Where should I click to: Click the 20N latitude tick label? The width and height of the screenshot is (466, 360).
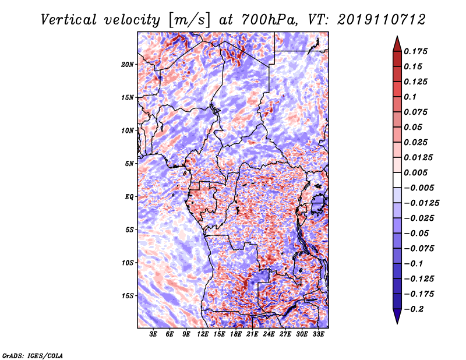pyautogui.click(x=128, y=65)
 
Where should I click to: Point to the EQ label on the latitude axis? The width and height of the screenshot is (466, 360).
pyautogui.click(x=129, y=197)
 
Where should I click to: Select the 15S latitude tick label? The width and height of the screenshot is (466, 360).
pyautogui.click(x=128, y=296)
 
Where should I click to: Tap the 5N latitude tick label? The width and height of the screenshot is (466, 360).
pyautogui.click(x=129, y=164)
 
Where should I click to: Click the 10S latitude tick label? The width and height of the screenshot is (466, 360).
pyautogui.click(x=128, y=263)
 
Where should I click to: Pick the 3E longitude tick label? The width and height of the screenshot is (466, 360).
pyautogui.click(x=153, y=334)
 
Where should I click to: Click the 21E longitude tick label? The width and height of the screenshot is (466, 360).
pyautogui.click(x=252, y=334)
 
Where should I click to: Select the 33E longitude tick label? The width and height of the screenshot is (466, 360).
pyautogui.click(x=318, y=334)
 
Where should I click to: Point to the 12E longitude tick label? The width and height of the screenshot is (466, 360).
pyautogui.click(x=203, y=334)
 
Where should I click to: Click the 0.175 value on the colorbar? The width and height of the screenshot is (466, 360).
pyautogui.click(x=415, y=51)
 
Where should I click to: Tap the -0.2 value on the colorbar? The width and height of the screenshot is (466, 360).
pyautogui.click(x=414, y=309)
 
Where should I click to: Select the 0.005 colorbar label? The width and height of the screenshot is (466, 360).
pyautogui.click(x=415, y=172)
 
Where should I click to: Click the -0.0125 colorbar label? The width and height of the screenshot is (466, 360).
pyautogui.click(x=421, y=203)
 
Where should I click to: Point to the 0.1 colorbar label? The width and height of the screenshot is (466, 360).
pyautogui.click(x=410, y=97)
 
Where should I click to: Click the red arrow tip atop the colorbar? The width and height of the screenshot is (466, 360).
pyautogui.click(x=397, y=37)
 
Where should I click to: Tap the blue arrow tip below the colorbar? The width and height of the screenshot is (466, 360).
pyautogui.click(x=397, y=323)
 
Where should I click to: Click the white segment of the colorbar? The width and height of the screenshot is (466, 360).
pyautogui.click(x=397, y=180)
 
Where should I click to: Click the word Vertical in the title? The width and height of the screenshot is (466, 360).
pyautogui.click(x=68, y=20)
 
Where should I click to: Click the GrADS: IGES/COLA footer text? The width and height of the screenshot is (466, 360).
pyautogui.click(x=33, y=355)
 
